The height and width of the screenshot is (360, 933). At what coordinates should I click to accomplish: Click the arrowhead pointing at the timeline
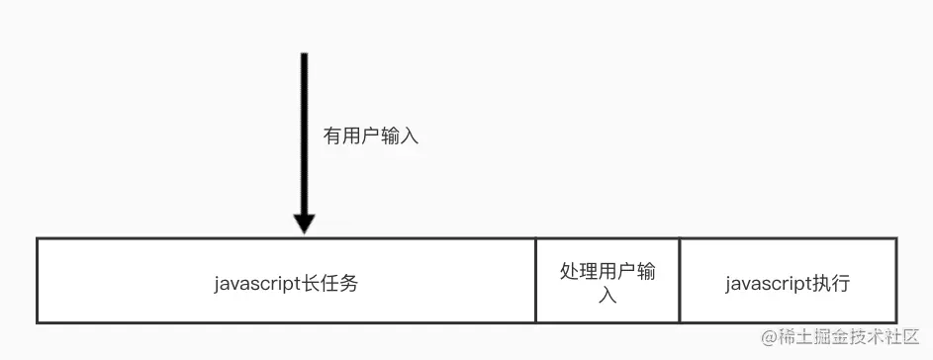pos(305,223)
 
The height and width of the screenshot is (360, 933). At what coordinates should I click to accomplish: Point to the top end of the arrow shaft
pos(305,54)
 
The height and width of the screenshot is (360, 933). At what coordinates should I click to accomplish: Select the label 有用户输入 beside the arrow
pos(371,136)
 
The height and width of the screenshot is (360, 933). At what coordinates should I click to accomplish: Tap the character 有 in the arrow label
pos(332,136)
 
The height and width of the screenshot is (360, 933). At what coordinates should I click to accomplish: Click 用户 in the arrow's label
pos(362,136)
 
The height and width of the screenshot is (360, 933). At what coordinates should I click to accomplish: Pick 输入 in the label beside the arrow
pos(400,136)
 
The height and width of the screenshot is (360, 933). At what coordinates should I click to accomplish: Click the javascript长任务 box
pos(286,281)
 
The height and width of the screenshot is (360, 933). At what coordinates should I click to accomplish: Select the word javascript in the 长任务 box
pos(253,283)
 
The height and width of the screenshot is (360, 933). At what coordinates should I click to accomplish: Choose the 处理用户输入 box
pos(607,281)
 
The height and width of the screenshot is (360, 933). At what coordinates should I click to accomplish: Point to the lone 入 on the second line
pos(607,295)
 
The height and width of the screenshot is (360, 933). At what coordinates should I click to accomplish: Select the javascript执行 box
pos(788,281)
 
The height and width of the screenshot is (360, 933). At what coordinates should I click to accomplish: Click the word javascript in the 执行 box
pos(764,284)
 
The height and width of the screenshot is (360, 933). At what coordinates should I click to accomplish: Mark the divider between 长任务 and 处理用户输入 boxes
pos(535,281)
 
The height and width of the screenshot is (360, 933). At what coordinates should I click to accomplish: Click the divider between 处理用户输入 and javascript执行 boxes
pos(680,281)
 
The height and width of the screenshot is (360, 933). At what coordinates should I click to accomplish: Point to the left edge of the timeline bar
pos(38,281)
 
